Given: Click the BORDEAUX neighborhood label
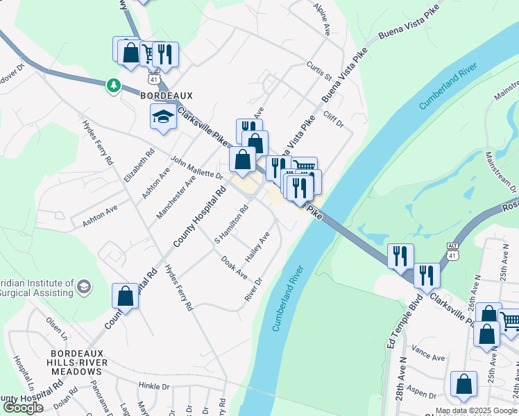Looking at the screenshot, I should click(x=166, y=95).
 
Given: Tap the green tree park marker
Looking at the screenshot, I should click(x=112, y=85).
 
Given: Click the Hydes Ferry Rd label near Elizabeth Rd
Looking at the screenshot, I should click(x=98, y=142).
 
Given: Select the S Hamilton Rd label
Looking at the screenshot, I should click(x=232, y=225).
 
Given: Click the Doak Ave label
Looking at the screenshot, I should click(x=234, y=267).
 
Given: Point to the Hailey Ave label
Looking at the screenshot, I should click(x=258, y=247).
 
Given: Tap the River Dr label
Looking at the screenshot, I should click(x=253, y=290).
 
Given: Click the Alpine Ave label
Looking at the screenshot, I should click(x=322, y=19).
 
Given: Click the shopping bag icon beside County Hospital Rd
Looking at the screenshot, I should click(x=126, y=296).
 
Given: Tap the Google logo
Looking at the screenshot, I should click(x=24, y=408).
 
